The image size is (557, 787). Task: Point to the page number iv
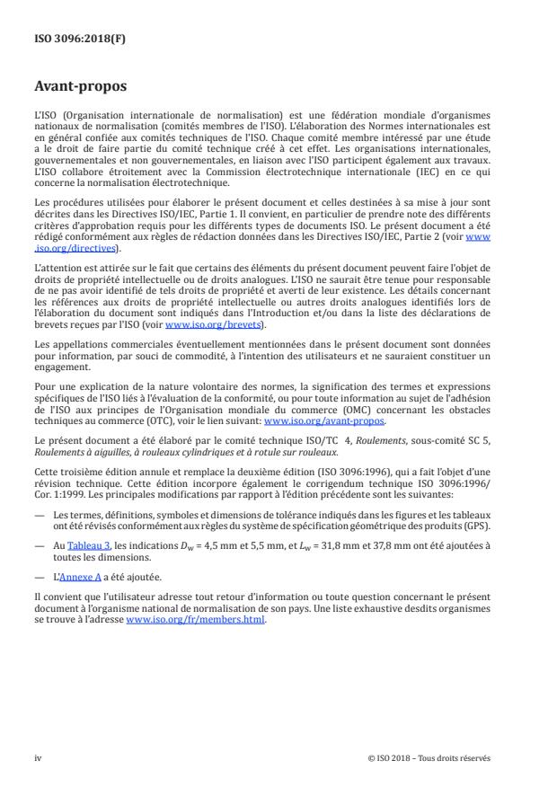(x=38, y=756)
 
